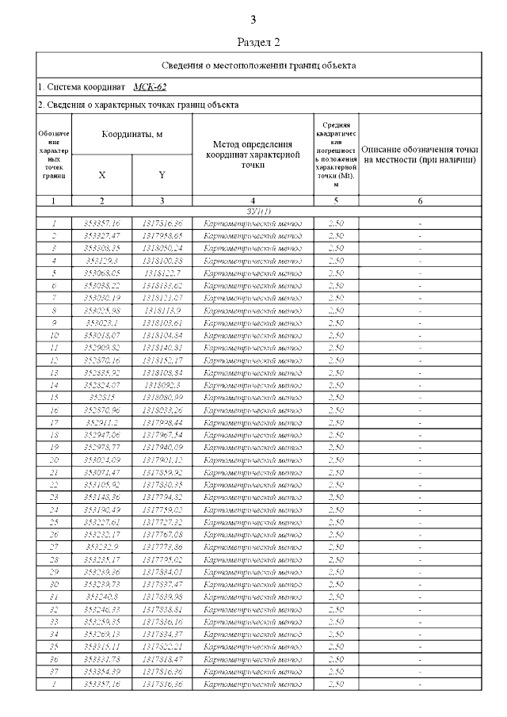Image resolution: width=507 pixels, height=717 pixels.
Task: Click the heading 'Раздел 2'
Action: pyautogui.click(x=259, y=41)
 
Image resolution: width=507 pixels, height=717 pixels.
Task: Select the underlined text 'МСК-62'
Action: pyautogui.click(x=150, y=86)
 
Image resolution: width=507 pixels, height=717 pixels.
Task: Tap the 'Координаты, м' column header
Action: pyautogui.click(x=132, y=135)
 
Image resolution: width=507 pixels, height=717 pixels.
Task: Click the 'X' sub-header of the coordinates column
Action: pyautogui.click(x=101, y=174)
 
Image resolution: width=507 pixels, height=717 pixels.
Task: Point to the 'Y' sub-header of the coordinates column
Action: pyautogui.click(x=162, y=174)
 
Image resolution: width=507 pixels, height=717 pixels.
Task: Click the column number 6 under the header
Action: pyautogui.click(x=420, y=201)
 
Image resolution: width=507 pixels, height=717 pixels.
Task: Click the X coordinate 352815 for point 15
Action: pyautogui.click(x=101, y=397)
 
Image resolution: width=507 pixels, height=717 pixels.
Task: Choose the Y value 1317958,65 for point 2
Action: pyautogui.click(x=162, y=236)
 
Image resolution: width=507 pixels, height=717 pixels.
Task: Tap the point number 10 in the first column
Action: pyautogui.click(x=53, y=335)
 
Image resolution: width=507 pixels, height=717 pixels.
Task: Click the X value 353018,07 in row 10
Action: pyautogui.click(x=101, y=335)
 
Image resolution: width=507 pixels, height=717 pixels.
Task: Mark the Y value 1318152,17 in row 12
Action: pyautogui.click(x=162, y=360)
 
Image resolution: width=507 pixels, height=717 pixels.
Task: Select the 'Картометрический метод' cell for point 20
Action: pyautogui.click(x=252, y=459)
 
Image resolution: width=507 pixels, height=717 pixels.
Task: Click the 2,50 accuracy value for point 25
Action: pyautogui.click(x=335, y=522)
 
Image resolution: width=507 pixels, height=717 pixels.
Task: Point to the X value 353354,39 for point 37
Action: pyautogui.click(x=101, y=670)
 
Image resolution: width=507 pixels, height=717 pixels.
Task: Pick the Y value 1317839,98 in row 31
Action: pyautogui.click(x=162, y=596)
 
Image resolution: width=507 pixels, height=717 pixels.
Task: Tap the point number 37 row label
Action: pyautogui.click(x=53, y=670)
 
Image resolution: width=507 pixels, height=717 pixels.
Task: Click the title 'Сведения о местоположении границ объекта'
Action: pyautogui.click(x=259, y=65)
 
